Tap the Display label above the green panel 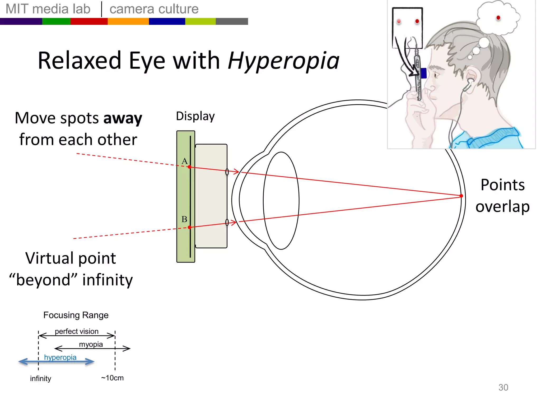point(195,116)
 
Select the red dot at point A point(189,167)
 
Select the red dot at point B point(189,227)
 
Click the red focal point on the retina point(461,196)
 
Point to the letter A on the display point(184,161)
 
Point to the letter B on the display point(184,219)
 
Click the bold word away point(123,118)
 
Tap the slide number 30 point(503,387)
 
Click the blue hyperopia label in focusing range point(60,357)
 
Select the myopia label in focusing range point(91,344)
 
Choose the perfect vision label point(77,331)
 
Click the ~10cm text point(112,378)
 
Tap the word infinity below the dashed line point(40,379)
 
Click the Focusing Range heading point(76,315)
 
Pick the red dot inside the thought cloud point(498,18)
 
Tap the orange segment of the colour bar point(128,21)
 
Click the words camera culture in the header point(154,9)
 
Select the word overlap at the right point(502,207)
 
